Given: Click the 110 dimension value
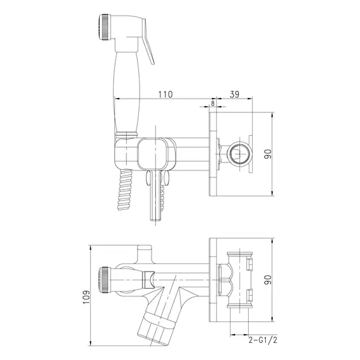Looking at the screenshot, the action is pyautogui.click(x=165, y=94).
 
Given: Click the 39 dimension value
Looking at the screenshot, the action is pyautogui.click(x=234, y=94).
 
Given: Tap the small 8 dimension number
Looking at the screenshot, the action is pyautogui.click(x=213, y=104).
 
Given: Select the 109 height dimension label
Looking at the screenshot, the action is pyautogui.click(x=87, y=297).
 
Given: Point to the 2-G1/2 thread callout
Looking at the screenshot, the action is pyautogui.click(x=263, y=340).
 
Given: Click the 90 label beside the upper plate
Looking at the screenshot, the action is pyautogui.click(x=268, y=154).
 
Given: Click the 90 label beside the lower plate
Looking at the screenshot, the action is pyautogui.click(x=268, y=280).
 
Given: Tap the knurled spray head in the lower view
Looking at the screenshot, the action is pyautogui.click(x=105, y=280).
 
